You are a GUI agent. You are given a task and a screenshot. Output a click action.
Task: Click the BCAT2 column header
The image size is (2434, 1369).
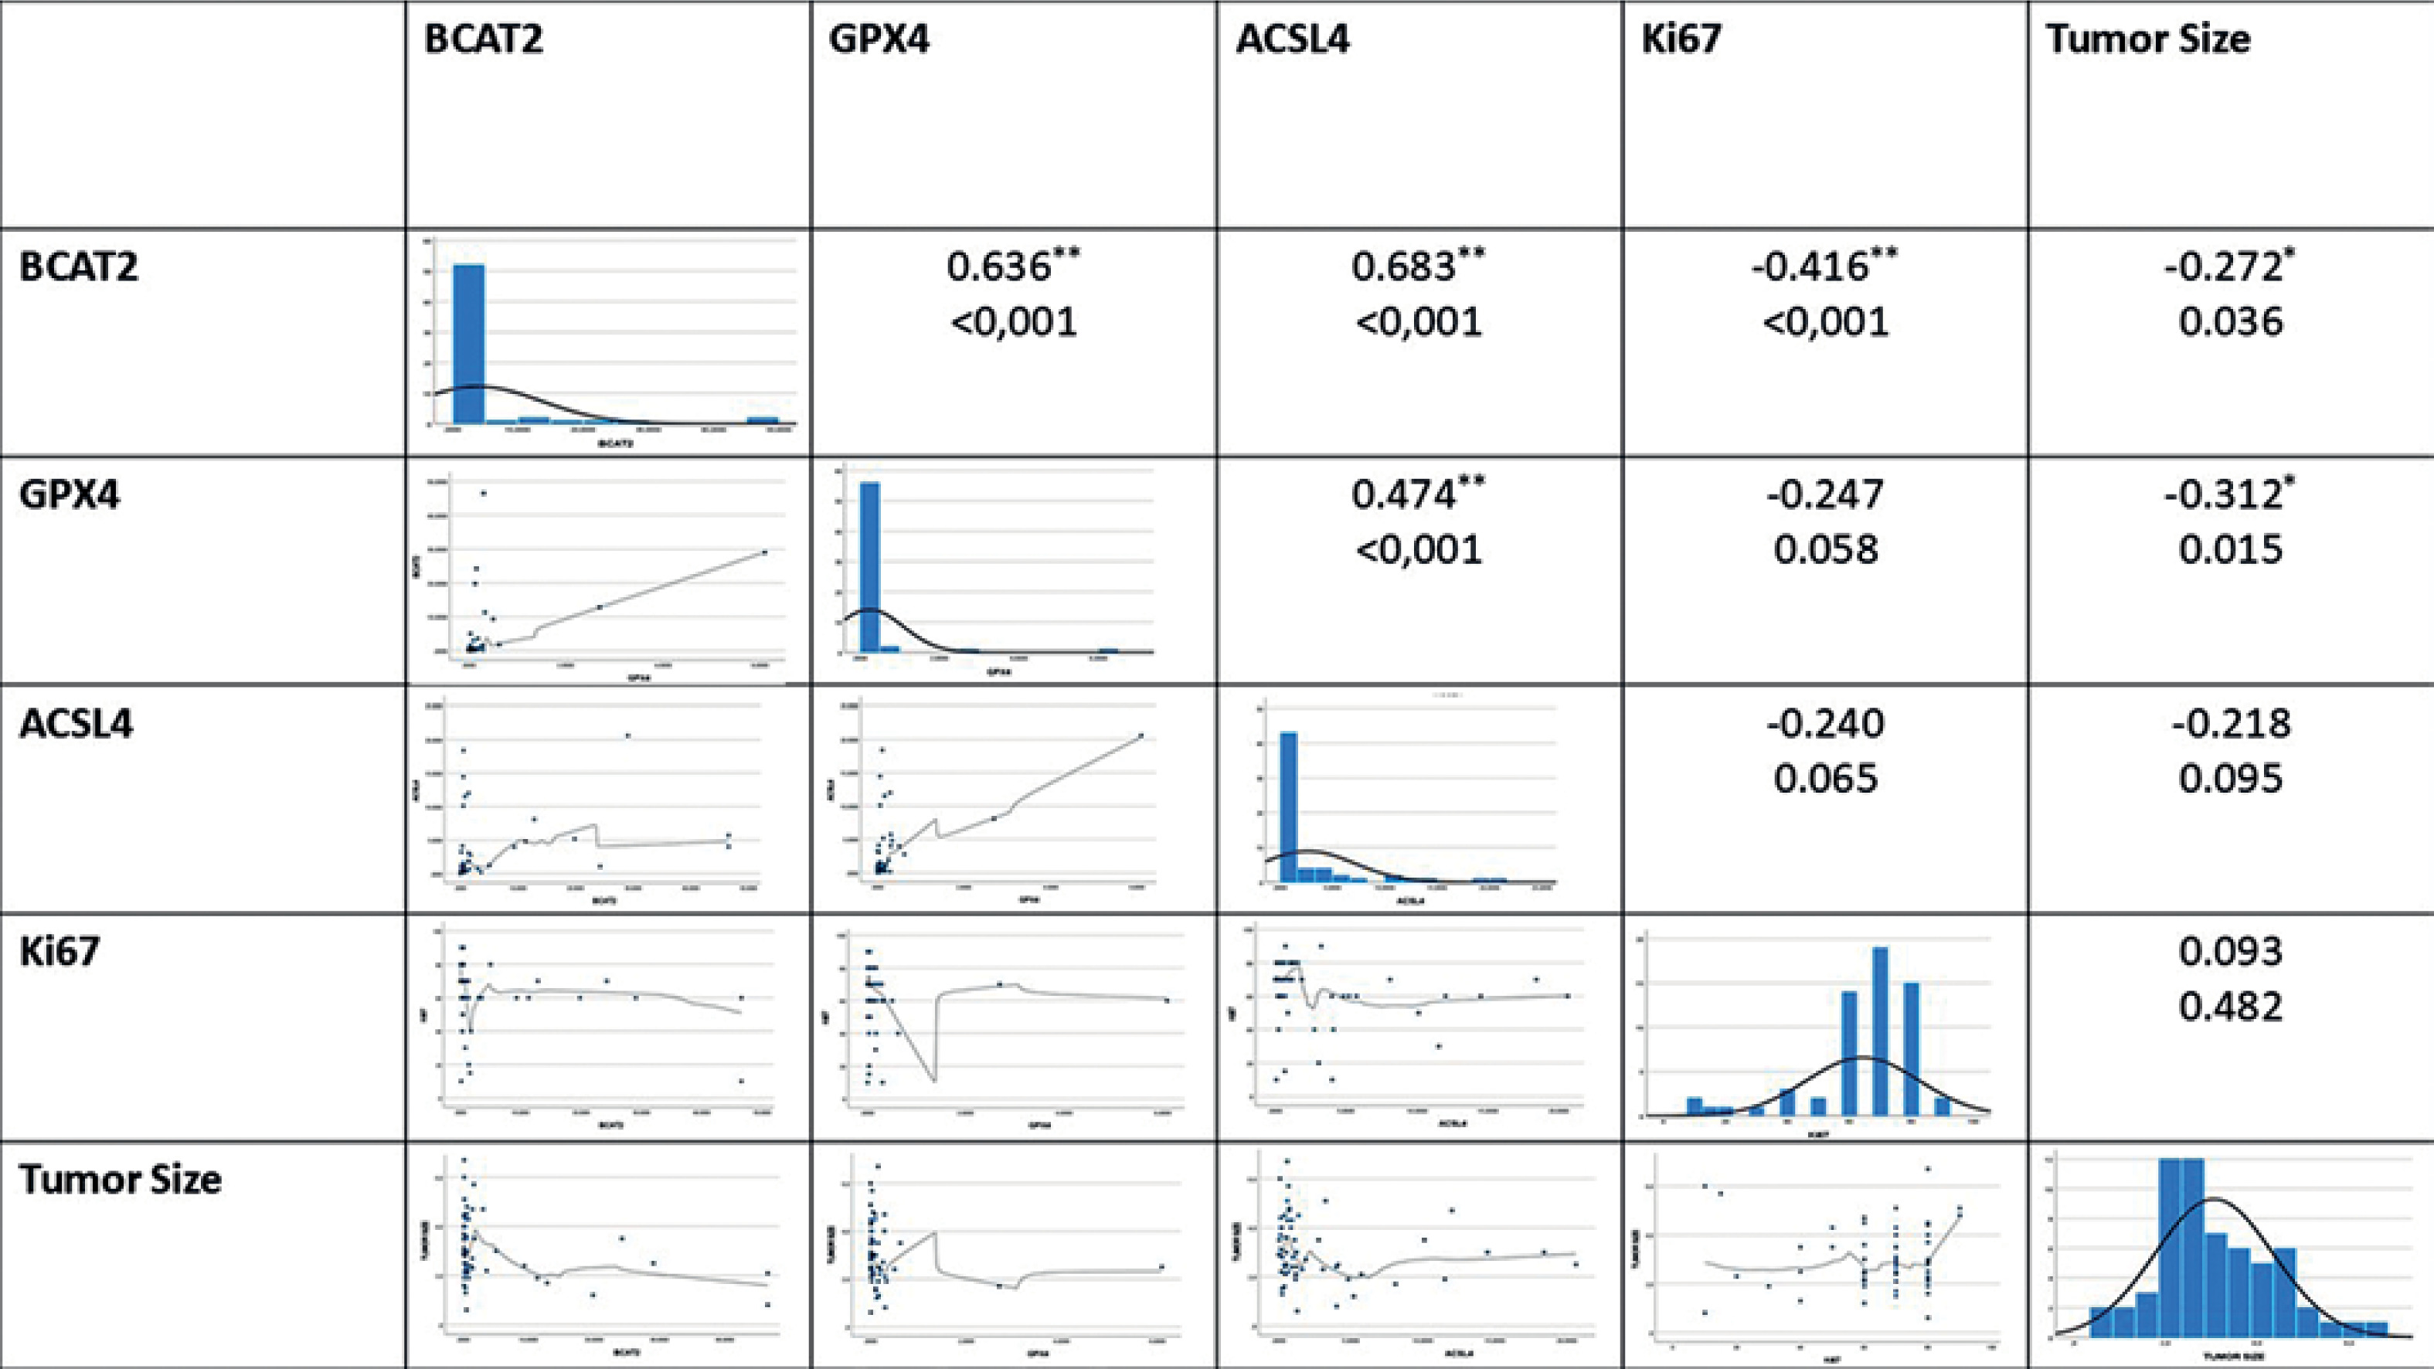click(x=483, y=39)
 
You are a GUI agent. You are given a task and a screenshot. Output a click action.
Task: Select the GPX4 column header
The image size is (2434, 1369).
click(x=879, y=39)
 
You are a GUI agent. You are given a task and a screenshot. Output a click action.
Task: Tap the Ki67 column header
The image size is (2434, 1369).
click(x=1681, y=39)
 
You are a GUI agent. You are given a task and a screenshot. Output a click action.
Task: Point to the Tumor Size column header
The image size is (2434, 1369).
click(x=2147, y=39)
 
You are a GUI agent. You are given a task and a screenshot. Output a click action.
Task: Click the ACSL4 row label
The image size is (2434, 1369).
click(x=76, y=724)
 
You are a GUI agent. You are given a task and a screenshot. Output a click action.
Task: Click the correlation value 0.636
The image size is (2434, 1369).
click(x=999, y=267)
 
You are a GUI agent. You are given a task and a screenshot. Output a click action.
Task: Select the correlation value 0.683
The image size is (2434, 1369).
click(x=1403, y=267)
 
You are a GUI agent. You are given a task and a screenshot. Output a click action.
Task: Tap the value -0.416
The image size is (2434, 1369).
click(x=1810, y=267)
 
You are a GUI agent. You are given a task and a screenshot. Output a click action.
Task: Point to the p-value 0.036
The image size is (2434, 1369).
click(x=2231, y=322)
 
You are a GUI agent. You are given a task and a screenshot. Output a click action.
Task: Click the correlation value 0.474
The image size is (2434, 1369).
click(x=1405, y=495)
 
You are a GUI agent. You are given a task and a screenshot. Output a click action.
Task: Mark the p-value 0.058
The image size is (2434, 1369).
click(x=1825, y=550)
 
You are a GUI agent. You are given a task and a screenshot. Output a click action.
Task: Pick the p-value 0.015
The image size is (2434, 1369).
click(x=2231, y=550)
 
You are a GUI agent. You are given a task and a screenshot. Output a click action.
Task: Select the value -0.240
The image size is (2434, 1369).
click(x=1825, y=724)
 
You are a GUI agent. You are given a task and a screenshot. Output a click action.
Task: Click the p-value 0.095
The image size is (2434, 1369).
click(x=2231, y=779)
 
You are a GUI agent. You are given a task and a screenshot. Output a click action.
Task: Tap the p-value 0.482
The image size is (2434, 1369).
click(x=2231, y=1006)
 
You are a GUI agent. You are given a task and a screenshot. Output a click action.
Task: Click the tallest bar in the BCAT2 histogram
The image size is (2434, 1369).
click(x=469, y=344)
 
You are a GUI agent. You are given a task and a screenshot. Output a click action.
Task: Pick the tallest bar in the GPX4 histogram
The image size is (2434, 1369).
click(x=869, y=567)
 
